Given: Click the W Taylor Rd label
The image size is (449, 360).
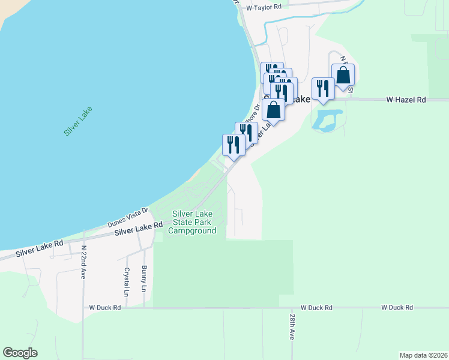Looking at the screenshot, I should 264,7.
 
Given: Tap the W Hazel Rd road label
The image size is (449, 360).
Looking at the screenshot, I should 406,100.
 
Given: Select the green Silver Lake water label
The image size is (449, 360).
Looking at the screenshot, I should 77,121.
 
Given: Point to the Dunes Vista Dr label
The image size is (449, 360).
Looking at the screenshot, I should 128,216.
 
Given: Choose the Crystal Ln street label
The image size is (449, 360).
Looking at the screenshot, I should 127,283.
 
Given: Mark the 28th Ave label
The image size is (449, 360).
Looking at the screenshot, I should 292,326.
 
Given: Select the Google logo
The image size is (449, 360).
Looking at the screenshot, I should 20,353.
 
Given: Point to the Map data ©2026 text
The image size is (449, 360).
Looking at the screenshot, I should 423,355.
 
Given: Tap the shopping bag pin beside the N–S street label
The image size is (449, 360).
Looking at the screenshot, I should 343,76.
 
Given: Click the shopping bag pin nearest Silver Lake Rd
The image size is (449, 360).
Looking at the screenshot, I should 273,111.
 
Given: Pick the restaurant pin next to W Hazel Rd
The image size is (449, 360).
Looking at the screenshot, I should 322,89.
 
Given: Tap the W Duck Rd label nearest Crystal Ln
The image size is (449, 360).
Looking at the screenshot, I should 105,307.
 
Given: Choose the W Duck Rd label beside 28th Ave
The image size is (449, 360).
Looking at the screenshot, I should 317,307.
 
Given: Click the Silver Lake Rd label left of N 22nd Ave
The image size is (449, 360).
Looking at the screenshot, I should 40,248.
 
